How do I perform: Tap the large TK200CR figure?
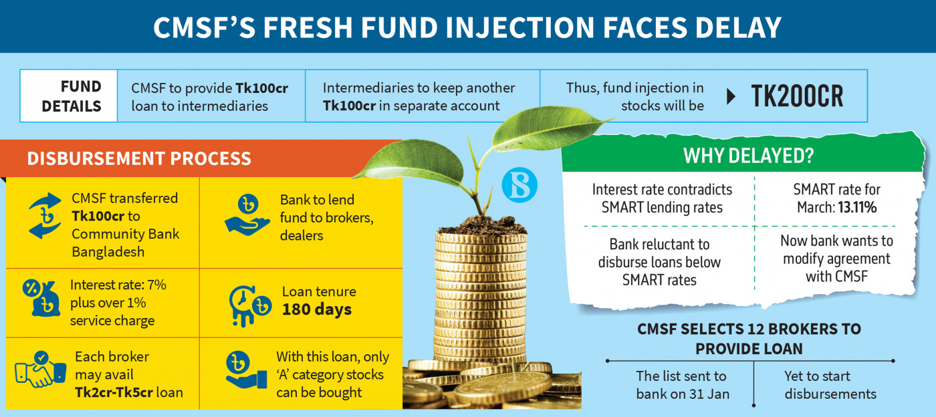coord(797,96)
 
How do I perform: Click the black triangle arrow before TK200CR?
coord(731,96)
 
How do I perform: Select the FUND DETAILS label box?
coord(68,96)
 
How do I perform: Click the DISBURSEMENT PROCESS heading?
coord(139,159)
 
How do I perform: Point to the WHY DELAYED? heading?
coord(748,156)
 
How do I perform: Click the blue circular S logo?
coord(519,185)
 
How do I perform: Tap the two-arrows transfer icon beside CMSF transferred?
coord(45,216)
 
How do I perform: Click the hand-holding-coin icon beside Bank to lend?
coord(247,215)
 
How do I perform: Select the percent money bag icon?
coord(41,298)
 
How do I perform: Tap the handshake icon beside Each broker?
coord(40,370)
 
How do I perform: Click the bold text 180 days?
coord(317,309)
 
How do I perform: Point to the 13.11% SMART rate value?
coord(857,208)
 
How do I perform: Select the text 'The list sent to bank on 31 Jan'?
coord(683,385)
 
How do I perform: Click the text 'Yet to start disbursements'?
coord(830,385)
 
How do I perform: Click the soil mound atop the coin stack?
coord(481,226)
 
